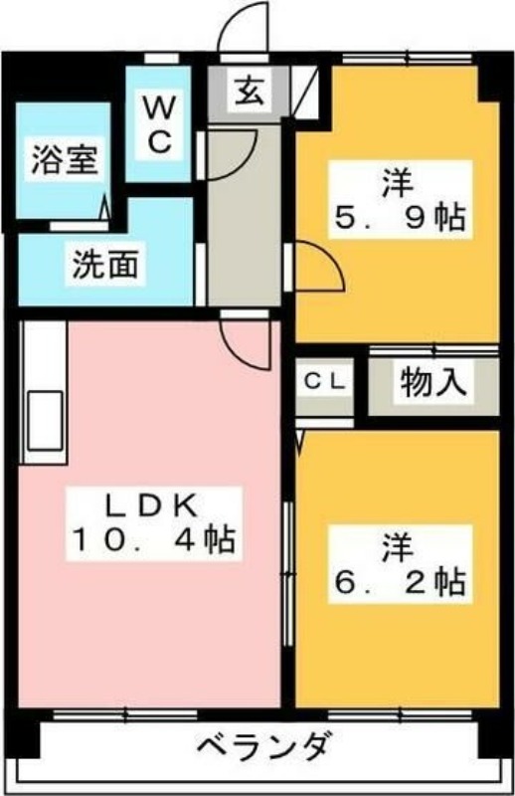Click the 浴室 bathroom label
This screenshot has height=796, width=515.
click(x=65, y=159)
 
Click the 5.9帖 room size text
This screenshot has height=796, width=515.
click(x=400, y=219)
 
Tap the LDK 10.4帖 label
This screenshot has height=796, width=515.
click(x=153, y=523)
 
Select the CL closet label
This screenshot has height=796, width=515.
click(x=325, y=382)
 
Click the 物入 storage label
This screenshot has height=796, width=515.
click(x=432, y=381)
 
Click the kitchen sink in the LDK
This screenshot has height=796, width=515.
click(x=45, y=421)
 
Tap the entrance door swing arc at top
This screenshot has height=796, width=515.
click(x=243, y=27)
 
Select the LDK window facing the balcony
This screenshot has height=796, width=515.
click(x=125, y=715)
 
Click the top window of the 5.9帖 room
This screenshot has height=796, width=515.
click(x=408, y=59)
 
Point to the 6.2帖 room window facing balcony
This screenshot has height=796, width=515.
click(x=400, y=715)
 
